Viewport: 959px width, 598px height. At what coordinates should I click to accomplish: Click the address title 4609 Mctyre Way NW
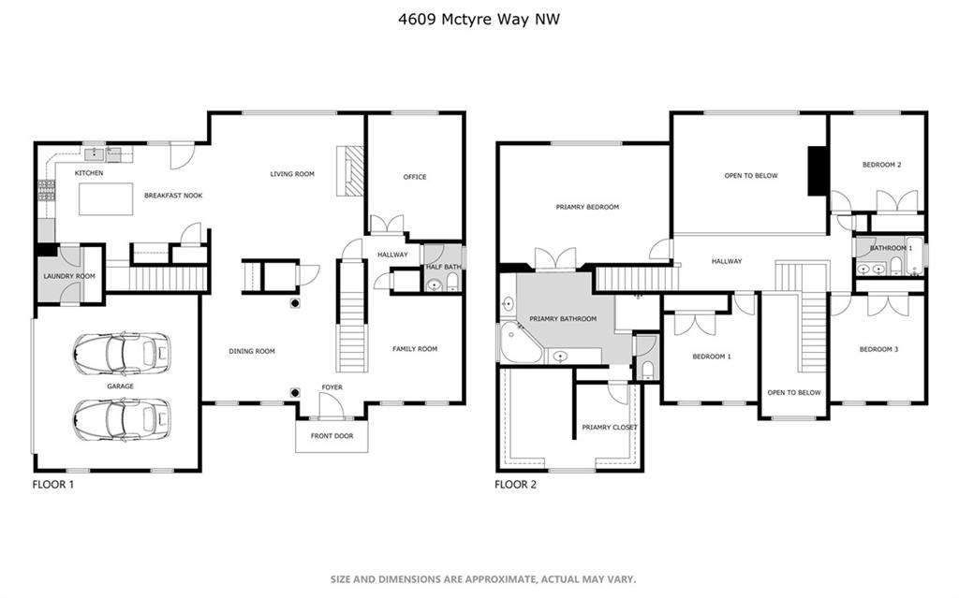click(479, 19)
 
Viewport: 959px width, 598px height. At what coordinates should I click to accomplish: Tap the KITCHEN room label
click(89, 173)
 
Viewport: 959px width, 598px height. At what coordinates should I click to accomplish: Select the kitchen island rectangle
click(106, 198)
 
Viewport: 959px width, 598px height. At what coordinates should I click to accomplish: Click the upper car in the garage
click(121, 353)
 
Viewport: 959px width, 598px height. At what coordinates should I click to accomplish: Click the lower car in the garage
click(121, 419)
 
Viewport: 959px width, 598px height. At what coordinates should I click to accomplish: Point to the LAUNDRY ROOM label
click(69, 276)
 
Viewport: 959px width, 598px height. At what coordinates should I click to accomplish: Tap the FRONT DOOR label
click(332, 436)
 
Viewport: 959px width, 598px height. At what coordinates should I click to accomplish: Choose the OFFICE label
click(415, 177)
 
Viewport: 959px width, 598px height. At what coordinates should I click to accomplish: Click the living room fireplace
click(350, 171)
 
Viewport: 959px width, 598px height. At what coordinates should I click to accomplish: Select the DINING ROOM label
click(252, 351)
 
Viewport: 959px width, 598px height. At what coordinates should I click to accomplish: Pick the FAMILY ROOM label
click(415, 348)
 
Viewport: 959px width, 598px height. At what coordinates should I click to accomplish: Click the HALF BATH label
click(443, 267)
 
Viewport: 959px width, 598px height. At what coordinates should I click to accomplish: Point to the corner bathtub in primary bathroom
click(521, 343)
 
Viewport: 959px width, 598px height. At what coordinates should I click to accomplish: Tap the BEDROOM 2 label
click(881, 165)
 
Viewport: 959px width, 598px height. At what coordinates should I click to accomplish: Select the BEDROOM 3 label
click(878, 349)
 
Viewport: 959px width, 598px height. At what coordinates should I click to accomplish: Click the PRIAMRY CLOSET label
click(609, 428)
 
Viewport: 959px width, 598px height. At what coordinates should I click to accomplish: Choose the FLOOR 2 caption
click(516, 485)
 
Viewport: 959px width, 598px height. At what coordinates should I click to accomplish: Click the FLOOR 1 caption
click(53, 485)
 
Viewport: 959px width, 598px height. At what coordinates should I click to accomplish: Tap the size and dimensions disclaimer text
click(483, 578)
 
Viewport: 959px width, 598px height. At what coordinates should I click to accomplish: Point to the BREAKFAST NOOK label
click(173, 196)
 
